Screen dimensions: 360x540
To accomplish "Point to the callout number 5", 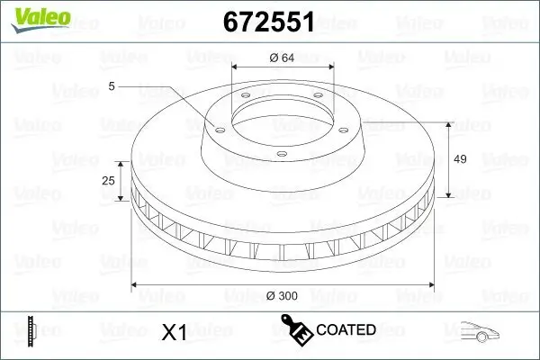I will (112, 86).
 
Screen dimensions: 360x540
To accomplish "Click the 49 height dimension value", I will (459, 159).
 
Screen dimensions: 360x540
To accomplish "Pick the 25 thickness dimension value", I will (109, 181).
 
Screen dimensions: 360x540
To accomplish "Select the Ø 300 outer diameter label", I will (283, 295).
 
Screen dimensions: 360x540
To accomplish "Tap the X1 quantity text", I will (173, 332).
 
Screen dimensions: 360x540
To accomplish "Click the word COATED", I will (346, 330).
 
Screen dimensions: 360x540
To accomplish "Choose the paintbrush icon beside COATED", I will (297, 330).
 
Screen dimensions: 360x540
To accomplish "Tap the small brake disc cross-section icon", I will (32, 331).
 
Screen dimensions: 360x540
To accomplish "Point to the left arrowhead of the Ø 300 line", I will (136, 284).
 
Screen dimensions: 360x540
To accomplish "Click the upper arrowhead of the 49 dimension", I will (447, 121).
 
